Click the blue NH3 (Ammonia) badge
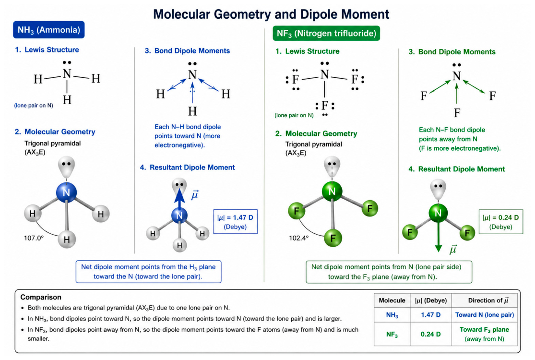click(49, 30)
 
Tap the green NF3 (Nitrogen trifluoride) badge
click(326, 33)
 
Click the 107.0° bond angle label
click(34, 238)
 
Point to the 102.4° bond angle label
click(299, 238)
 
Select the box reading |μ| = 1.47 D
click(236, 222)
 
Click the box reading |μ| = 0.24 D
click(500, 222)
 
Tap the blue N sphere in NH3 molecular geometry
click(66, 192)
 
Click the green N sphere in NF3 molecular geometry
click(332, 191)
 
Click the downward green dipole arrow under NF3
click(439, 236)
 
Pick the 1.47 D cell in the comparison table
click(430, 314)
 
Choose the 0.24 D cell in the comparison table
click(430, 334)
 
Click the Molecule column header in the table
click(392, 300)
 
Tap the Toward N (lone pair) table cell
click(485, 314)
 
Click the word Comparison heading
click(41, 297)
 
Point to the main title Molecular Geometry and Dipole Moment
click(271, 14)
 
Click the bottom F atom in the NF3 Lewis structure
click(324, 106)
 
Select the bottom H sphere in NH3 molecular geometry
click(67, 239)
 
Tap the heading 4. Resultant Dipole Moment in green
click(456, 169)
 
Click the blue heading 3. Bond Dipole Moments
click(187, 50)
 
